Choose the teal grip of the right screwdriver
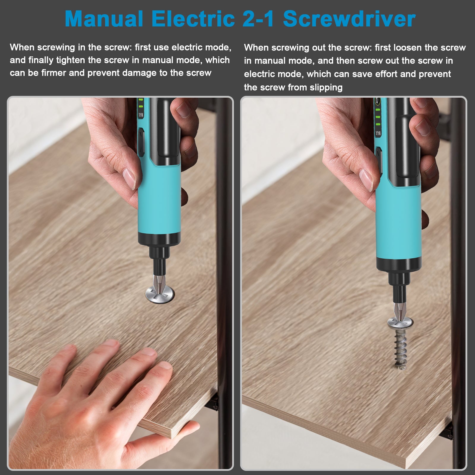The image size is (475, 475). coord(398,226)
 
